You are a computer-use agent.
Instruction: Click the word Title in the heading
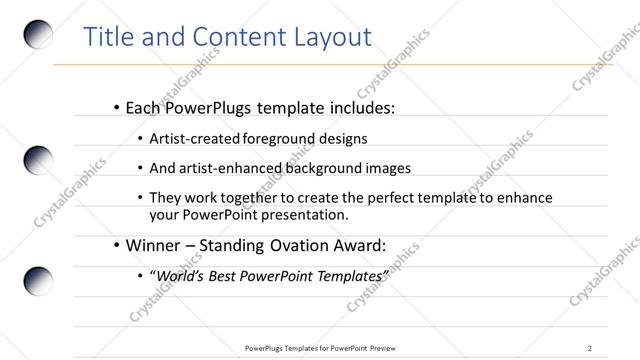pos(108,37)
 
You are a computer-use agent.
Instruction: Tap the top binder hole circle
pos(38,33)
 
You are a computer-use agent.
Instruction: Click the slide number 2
pos(590,347)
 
